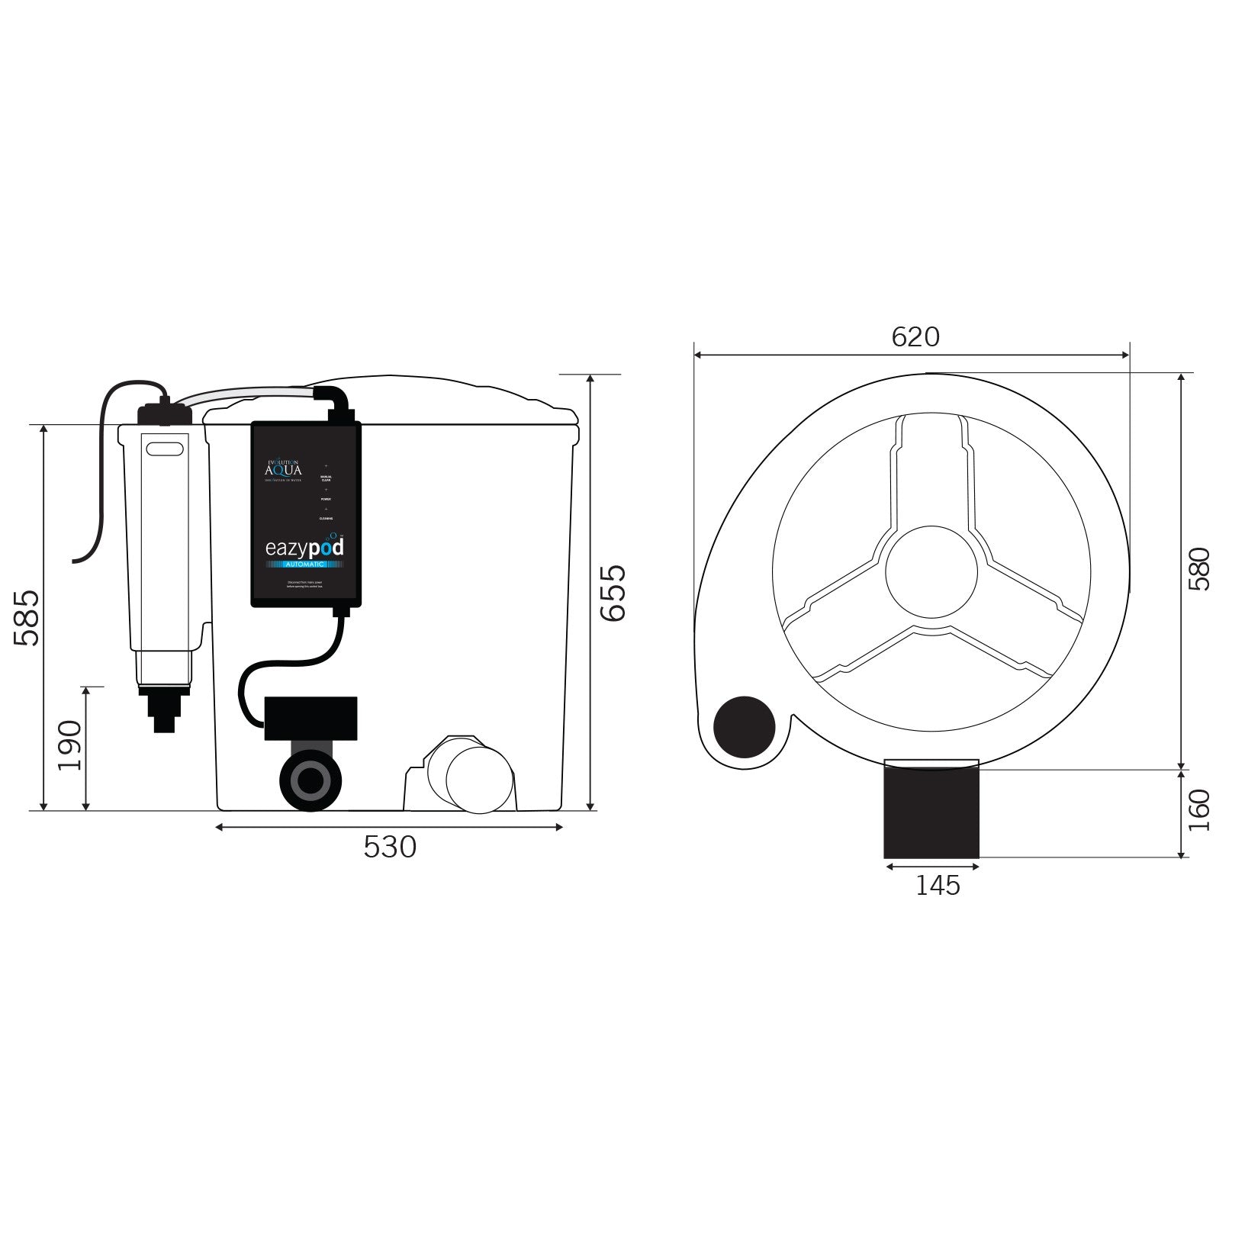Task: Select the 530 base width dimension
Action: [x=390, y=847]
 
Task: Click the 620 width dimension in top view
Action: [x=915, y=336]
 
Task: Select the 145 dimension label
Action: [x=938, y=885]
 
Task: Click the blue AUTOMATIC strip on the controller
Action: [x=305, y=564]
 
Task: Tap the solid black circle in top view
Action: [x=744, y=726]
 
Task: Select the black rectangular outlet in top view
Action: [x=931, y=810]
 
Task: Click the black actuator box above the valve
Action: [x=310, y=719]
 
